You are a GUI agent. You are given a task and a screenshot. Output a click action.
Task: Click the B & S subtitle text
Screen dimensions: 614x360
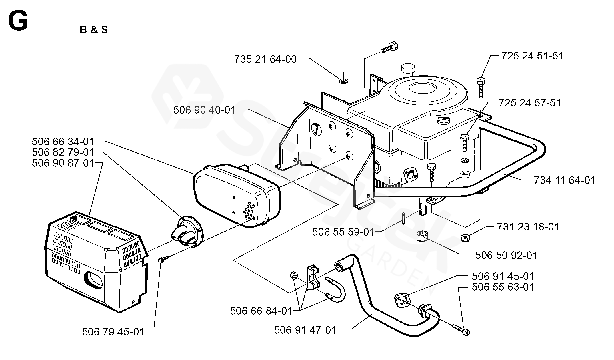94,30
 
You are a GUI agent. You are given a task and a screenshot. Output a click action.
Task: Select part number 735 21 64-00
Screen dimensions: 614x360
265,59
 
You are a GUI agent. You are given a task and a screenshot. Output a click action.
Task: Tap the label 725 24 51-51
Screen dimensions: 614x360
532,56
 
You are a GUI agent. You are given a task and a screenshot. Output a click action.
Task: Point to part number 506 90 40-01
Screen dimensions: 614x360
205,110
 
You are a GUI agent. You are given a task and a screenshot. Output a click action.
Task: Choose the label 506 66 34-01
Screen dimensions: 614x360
63,141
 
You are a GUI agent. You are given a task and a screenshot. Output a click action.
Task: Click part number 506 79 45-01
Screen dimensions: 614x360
113,332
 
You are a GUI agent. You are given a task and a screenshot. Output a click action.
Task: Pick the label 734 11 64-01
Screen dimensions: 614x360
565,180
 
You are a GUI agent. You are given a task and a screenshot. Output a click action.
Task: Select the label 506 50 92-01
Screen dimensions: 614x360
507,255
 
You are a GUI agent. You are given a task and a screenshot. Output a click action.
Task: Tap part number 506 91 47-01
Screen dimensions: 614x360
305,330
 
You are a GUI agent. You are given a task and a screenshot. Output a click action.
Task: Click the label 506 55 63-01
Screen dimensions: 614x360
503,287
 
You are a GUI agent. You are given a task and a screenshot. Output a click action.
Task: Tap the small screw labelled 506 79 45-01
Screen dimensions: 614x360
164,259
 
